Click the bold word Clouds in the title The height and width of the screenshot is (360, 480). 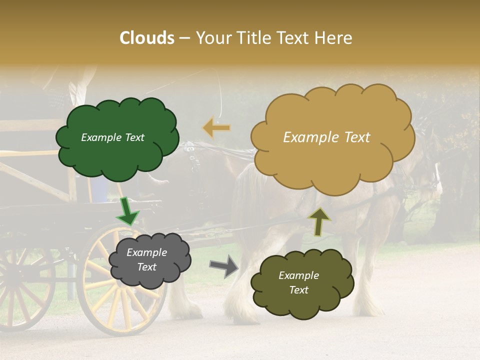coord(147,38)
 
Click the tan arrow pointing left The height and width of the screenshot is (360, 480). coord(216,128)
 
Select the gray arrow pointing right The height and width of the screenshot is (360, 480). coord(224,266)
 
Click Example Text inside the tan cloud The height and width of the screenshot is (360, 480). coord(326,137)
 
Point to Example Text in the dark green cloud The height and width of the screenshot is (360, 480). coord(112,137)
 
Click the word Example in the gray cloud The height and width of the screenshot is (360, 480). coord(146,252)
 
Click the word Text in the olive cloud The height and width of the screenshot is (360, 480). coord(298,290)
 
